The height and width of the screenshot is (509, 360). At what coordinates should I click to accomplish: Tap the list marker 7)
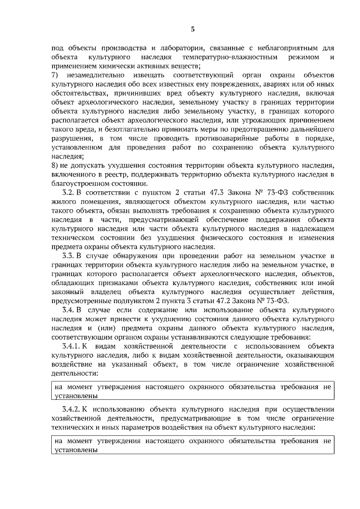coord(54,75)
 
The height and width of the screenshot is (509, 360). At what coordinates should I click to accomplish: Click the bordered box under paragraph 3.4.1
coord(192,391)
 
